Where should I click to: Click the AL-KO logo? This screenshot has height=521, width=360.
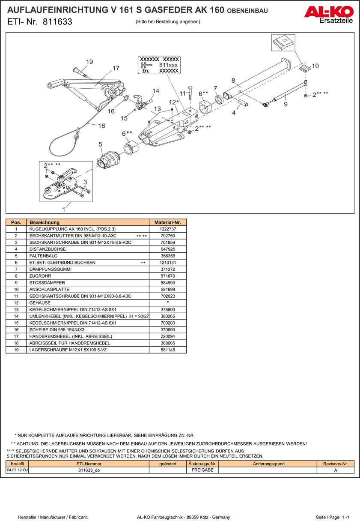(328, 12)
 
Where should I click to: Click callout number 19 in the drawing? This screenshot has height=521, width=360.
(89, 62)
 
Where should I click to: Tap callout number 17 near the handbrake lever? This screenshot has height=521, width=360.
(116, 69)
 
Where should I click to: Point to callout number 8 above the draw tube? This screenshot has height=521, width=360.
(233, 80)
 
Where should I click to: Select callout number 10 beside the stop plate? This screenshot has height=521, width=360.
(315, 66)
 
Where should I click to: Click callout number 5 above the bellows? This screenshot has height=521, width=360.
(100, 144)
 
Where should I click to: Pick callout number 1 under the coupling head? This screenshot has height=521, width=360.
(64, 210)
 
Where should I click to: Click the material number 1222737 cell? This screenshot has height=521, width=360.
(167, 229)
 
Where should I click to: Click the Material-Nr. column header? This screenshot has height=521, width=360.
(167, 222)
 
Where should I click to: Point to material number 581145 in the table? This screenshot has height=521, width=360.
(167, 350)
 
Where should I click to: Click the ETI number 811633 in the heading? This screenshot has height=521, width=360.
(57, 22)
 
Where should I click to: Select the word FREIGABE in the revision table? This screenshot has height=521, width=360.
(202, 470)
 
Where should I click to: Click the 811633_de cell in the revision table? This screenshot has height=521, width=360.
(89, 470)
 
